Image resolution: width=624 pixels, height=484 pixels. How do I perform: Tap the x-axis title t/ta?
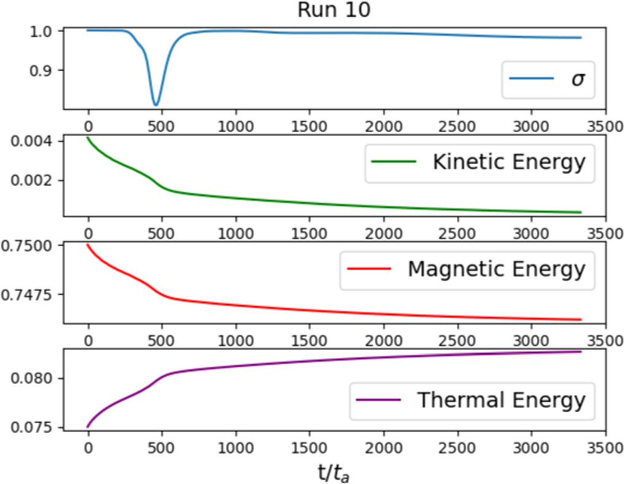pyautogui.click(x=333, y=472)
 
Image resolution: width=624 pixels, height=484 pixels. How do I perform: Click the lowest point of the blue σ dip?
pyautogui.click(x=156, y=104)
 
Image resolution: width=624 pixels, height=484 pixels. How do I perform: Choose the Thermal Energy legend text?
pyautogui.click(x=501, y=400)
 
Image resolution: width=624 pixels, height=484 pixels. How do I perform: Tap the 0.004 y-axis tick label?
pyautogui.click(x=36, y=141)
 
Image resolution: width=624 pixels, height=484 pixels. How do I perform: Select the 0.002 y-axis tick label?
pyautogui.click(x=36, y=181)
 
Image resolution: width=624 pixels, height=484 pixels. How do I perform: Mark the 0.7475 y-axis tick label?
pyautogui.click(x=32, y=295)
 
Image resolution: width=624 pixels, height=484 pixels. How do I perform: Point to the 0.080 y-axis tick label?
pyautogui.click(x=36, y=378)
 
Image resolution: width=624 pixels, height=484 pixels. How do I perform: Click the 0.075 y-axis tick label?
pyautogui.click(x=36, y=427)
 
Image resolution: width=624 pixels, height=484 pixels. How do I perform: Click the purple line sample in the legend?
pyautogui.click(x=379, y=400)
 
